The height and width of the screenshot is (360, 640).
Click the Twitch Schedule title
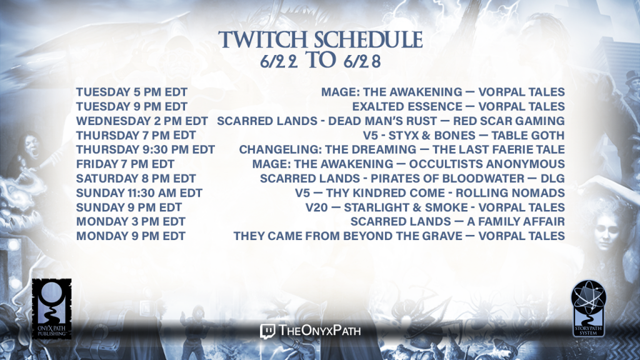pyautogui.click(x=321, y=39)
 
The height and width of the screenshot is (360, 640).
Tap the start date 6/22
pyautogui.click(x=279, y=61)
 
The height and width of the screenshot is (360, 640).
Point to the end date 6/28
pyautogui.click(x=362, y=61)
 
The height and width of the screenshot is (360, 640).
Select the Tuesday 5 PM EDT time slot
pyautogui.click(x=132, y=92)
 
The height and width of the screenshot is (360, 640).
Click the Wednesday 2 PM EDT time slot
pyautogui.click(x=142, y=121)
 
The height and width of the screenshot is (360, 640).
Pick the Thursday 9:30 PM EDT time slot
pyautogui.click(x=145, y=149)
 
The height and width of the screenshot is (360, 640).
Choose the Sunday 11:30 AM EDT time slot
pyautogui.click(x=139, y=192)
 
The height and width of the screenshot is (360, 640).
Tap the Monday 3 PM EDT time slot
pyautogui.click(x=131, y=222)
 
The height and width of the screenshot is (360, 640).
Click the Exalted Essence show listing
pyautogui.click(x=458, y=106)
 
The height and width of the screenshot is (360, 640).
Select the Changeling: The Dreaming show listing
pyautogui.click(x=402, y=149)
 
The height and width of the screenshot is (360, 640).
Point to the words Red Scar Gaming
pyautogui.click(x=509, y=121)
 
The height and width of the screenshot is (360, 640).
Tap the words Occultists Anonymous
pyautogui.click(x=487, y=164)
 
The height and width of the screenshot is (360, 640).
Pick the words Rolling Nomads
pyautogui.click(x=510, y=192)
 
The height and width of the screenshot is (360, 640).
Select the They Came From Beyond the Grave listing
pyautogui.click(x=399, y=236)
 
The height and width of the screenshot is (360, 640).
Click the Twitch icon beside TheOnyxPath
pyautogui.click(x=267, y=331)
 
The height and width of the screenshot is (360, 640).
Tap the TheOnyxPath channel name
pyautogui.click(x=319, y=331)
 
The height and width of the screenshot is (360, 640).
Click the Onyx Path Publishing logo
pyautogui.click(x=52, y=309)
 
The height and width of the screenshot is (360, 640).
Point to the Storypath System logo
pyautogui.click(x=588, y=308)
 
